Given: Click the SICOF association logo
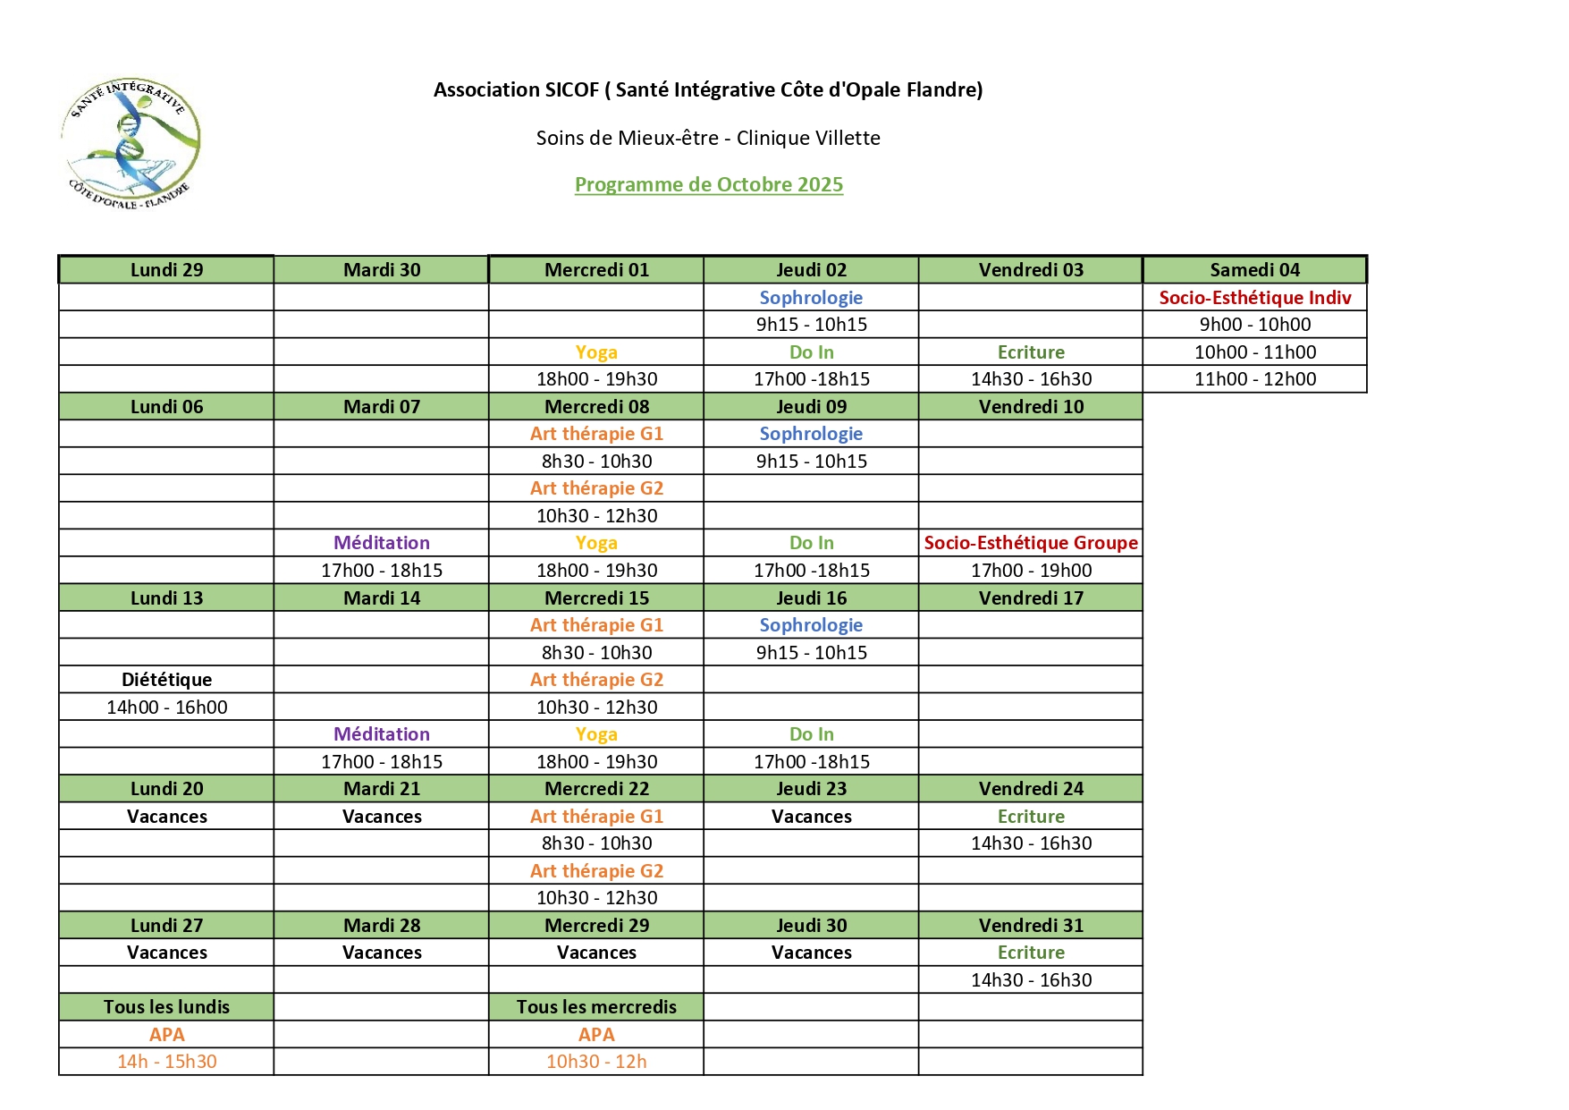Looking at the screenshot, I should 131,142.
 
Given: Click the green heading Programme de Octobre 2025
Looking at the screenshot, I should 708,185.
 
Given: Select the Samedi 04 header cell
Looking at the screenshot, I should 1254,270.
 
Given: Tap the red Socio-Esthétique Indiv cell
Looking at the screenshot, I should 1254,298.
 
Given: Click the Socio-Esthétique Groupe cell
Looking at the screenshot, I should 1031,543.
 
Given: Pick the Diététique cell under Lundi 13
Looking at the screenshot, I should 166,680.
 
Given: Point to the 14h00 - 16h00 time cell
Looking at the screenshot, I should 166,708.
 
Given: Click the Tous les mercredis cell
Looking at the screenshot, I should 596,1007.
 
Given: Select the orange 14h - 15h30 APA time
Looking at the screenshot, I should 166,1062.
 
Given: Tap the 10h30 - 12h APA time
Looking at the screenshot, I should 596,1062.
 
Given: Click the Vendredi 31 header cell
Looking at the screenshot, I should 1031,926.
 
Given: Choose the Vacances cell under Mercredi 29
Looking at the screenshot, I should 596,953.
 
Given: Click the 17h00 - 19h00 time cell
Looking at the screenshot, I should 1031,571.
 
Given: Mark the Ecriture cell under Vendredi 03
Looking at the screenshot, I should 1031,352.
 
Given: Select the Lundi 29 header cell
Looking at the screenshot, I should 166,270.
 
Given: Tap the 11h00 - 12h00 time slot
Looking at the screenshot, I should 1254,379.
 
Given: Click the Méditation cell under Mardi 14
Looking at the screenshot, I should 382,734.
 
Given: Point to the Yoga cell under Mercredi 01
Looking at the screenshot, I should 596,352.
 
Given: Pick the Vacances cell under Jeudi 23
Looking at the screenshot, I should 811,817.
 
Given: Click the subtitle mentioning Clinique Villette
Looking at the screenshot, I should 708,138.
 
